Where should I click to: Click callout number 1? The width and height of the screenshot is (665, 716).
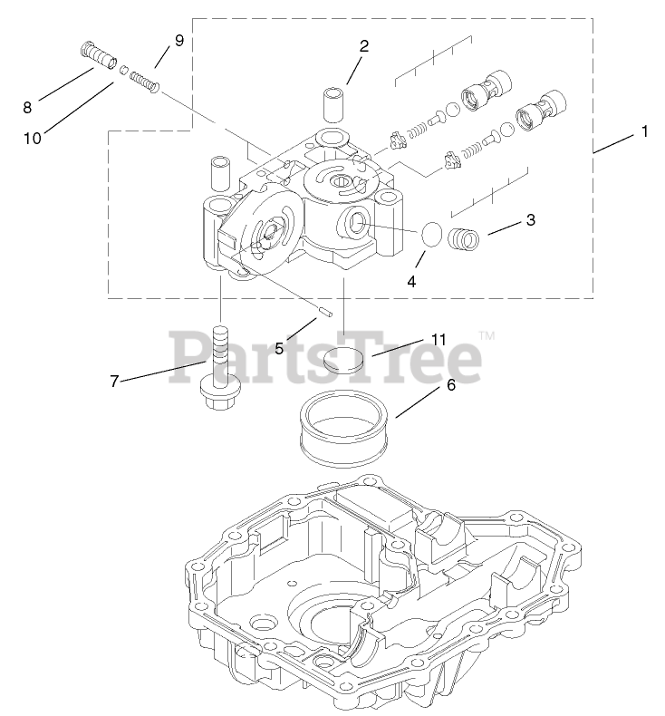[644, 132]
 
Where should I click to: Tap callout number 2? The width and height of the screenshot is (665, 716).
[363, 46]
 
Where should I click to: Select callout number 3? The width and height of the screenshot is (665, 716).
[531, 220]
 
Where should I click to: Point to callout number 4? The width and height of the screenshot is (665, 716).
[411, 281]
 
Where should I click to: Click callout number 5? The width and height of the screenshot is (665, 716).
[280, 347]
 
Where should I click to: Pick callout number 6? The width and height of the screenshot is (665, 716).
[450, 384]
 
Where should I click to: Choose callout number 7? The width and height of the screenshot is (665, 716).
[114, 382]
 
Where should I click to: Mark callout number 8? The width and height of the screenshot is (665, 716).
[27, 107]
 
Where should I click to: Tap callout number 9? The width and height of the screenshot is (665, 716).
[178, 41]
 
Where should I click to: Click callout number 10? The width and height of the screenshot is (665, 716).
[32, 138]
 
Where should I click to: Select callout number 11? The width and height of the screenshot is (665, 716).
[439, 340]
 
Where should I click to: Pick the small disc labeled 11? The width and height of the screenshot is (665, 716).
[346, 358]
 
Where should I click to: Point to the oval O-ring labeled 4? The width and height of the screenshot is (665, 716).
[433, 237]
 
